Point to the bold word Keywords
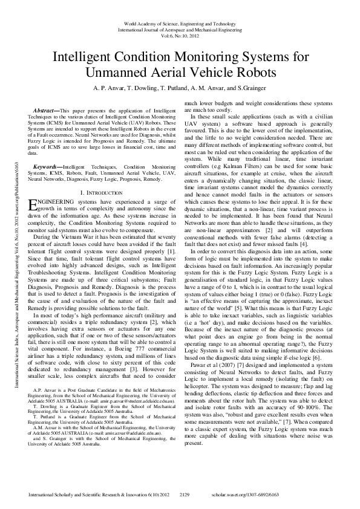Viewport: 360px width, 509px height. [47, 149]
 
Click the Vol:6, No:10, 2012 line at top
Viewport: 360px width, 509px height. [180, 34]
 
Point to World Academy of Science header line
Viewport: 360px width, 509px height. [180, 23]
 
